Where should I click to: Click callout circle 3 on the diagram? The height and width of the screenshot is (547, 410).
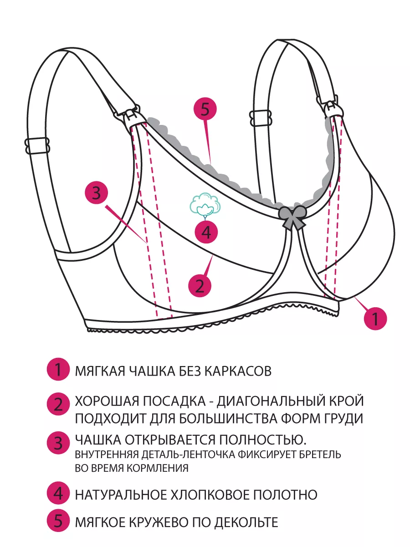pyautogui.click(x=96, y=194)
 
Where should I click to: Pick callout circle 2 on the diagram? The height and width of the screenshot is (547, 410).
pyautogui.click(x=200, y=285)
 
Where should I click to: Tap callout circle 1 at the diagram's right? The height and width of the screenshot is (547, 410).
pyautogui.click(x=375, y=319)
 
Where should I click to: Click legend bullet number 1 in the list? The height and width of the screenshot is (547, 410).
pyautogui.click(x=58, y=370)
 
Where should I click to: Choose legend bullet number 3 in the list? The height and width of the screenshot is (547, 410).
pyautogui.click(x=58, y=443)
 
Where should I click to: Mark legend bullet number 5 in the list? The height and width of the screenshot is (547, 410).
pyautogui.click(x=58, y=521)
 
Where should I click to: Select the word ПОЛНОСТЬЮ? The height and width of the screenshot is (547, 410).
pyautogui.click(x=263, y=440)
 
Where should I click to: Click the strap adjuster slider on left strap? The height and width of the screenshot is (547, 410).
pyautogui.click(x=36, y=146)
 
